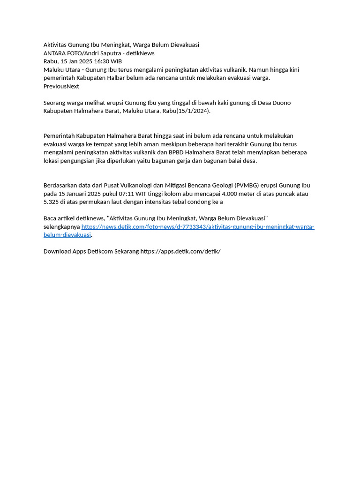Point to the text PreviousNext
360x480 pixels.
(61, 86)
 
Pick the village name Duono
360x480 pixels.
(282, 103)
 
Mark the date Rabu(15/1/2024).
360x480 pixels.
(187, 111)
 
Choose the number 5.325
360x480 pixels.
(52, 202)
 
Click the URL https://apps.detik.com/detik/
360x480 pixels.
(180, 251)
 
